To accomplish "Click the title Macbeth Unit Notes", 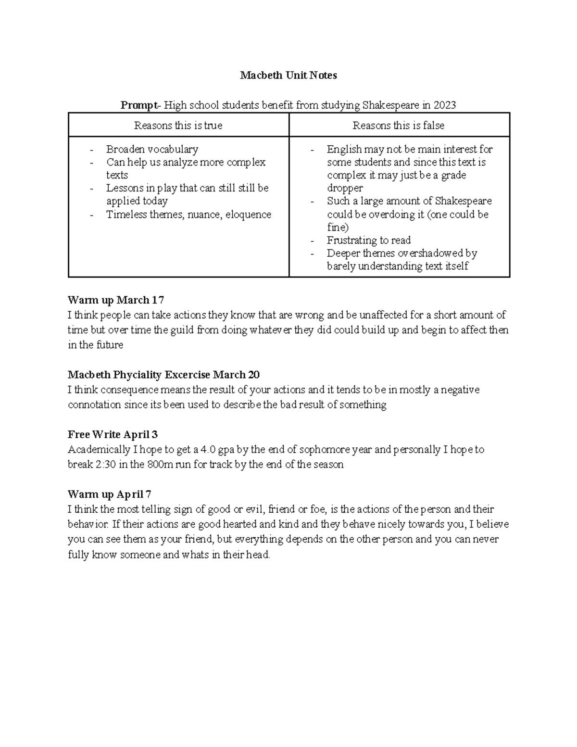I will (288, 75).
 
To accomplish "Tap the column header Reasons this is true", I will (178, 126).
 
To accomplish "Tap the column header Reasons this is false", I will (398, 126).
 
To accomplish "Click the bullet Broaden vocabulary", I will (152, 149).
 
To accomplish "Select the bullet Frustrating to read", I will (369, 240).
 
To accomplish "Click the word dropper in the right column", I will (345, 188).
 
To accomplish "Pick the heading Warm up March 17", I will (116, 300).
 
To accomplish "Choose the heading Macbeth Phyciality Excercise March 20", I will (163, 375).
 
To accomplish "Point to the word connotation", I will (94, 405).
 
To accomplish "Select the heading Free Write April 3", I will (113, 434).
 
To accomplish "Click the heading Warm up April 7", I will (110, 494).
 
